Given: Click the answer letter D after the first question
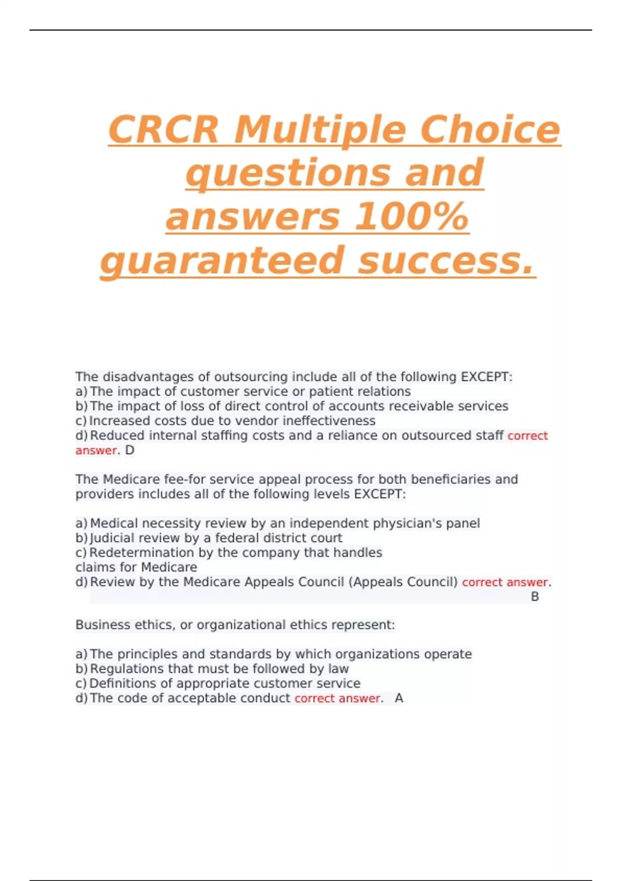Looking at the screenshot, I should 130,450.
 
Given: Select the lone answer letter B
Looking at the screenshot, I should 535,597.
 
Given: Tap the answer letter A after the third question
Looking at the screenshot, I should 399,699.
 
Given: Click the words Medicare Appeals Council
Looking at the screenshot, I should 264,582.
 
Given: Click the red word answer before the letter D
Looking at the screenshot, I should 96,450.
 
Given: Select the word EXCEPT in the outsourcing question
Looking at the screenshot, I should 485,377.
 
